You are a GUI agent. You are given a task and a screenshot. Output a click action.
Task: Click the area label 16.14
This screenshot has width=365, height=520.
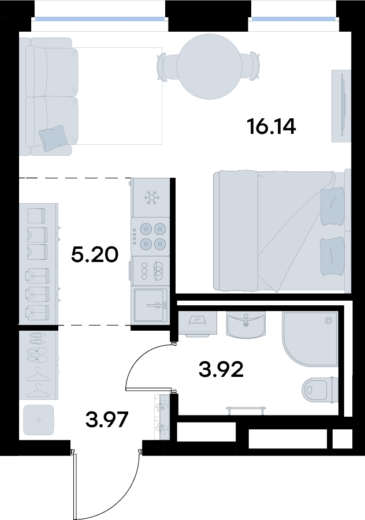(x=271, y=127)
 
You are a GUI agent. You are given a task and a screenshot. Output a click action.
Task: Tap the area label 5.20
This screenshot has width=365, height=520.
(x=95, y=255)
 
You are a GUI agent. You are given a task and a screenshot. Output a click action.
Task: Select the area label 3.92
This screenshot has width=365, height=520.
(x=221, y=369)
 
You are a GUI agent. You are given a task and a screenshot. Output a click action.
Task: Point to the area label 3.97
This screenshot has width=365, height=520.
(x=106, y=420)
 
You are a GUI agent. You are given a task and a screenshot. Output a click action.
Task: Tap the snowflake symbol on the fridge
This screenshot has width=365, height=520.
(x=151, y=197)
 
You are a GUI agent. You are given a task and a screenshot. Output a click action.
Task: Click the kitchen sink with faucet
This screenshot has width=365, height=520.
(x=150, y=306)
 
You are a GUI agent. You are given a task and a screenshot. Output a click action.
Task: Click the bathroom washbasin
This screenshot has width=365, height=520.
(x=246, y=325)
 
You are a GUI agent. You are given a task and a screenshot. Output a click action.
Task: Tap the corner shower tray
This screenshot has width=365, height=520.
(x=310, y=339)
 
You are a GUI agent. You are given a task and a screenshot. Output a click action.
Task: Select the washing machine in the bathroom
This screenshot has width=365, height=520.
(x=198, y=323)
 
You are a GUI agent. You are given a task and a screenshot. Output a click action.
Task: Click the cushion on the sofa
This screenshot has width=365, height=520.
(x=53, y=139)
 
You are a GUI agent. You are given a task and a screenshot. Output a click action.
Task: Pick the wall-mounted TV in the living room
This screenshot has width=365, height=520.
(x=342, y=105)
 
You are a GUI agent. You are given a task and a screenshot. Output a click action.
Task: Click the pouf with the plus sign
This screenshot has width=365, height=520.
(x=39, y=420)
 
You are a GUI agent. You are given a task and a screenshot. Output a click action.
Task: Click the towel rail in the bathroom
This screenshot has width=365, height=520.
(x=246, y=410)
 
